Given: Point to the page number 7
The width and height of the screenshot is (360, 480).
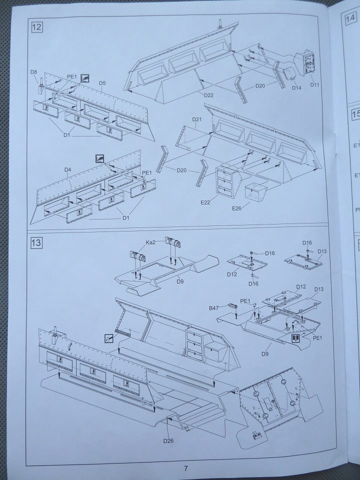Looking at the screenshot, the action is click(x=185, y=468).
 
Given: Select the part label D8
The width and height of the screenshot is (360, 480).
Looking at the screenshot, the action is click(x=33, y=72).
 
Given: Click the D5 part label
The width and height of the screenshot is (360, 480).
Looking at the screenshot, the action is click(x=102, y=83).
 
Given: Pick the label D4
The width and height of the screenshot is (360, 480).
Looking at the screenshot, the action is click(x=68, y=170).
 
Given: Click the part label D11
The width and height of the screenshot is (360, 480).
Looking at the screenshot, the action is click(x=314, y=84).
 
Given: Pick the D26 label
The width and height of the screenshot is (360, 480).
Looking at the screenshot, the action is click(x=168, y=440).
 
